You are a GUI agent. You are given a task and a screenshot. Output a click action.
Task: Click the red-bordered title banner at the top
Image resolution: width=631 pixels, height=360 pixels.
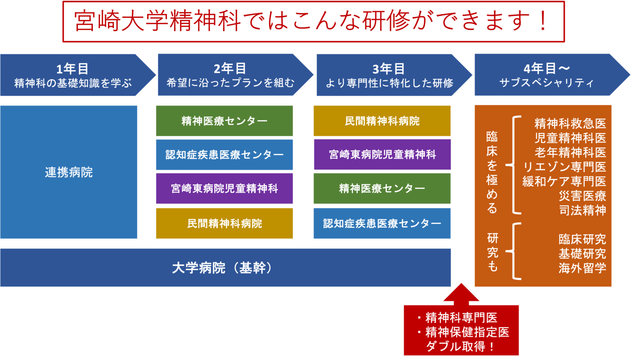point(313,21)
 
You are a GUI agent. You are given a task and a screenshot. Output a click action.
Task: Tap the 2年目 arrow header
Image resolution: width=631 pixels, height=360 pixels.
point(230,75)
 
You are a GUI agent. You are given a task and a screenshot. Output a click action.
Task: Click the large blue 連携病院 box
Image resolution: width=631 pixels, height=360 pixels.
point(69,172)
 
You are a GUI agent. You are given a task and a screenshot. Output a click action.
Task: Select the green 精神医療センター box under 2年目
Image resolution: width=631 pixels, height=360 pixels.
point(224,121)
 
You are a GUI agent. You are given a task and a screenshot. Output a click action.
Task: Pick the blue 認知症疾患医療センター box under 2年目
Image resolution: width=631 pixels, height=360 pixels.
point(224,155)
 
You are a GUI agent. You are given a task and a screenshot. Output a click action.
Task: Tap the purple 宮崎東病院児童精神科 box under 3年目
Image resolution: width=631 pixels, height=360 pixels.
point(382,154)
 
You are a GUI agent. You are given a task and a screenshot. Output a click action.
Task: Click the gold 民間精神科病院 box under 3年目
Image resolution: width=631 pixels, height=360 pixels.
point(382,121)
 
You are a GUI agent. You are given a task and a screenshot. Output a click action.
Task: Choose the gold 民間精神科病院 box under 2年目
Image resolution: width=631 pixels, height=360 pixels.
point(224,223)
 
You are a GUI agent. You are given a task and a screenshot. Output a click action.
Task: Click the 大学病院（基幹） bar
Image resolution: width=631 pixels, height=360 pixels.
point(225,268)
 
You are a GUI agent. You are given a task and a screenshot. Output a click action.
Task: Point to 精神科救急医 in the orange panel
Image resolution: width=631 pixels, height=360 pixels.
point(570,124)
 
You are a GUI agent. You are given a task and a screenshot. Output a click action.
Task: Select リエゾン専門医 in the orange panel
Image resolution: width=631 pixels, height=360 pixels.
point(565,167)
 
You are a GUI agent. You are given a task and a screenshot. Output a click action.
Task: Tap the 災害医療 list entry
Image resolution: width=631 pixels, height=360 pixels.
point(582,196)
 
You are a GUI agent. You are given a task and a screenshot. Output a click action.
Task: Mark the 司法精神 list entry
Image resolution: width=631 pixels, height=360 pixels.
point(582,210)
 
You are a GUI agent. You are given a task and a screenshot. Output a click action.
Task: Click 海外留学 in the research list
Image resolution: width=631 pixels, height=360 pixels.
point(582,268)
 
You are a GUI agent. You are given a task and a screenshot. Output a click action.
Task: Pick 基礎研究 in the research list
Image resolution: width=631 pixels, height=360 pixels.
point(582,254)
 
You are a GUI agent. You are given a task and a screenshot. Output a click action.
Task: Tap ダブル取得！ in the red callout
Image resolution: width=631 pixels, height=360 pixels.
point(461,347)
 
